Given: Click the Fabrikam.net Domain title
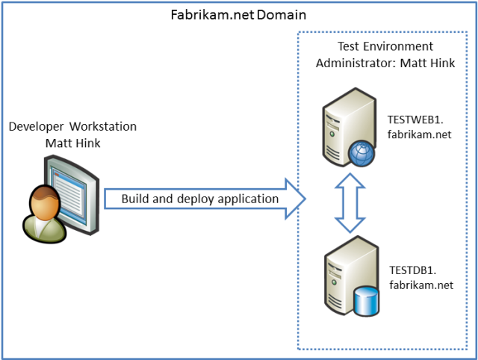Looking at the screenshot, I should tap(238, 14).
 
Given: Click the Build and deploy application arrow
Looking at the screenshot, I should tap(202, 199).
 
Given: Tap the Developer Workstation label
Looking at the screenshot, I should tap(72, 126).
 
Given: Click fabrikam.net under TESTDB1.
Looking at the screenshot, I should tap(420, 285).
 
